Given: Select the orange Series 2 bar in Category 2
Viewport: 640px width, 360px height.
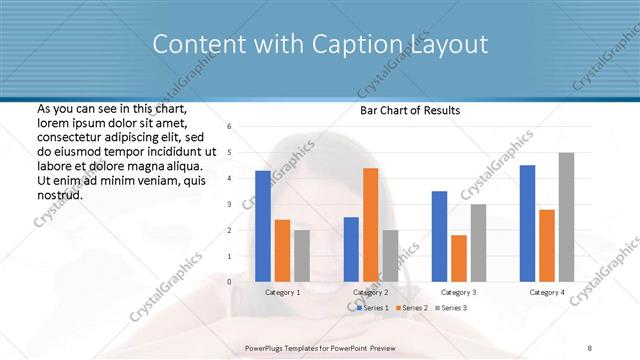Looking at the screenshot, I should pos(370,224).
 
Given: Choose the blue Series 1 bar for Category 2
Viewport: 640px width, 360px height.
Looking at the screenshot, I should pos(351,249).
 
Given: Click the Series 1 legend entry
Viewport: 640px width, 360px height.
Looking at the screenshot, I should pos(375,307).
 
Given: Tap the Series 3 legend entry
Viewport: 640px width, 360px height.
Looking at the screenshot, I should pos(452,307).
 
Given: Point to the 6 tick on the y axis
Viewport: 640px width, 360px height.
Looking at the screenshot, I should pos(229,127).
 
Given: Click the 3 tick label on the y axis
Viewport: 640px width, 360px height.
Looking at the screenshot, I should pos(229,204).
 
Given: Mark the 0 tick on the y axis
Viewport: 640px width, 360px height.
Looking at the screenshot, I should pos(229,282).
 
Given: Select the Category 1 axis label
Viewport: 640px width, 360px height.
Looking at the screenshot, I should pos(283,292).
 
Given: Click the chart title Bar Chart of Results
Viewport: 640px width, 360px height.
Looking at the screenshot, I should pos(410,111).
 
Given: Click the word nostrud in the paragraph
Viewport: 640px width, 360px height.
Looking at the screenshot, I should pos(59,196).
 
